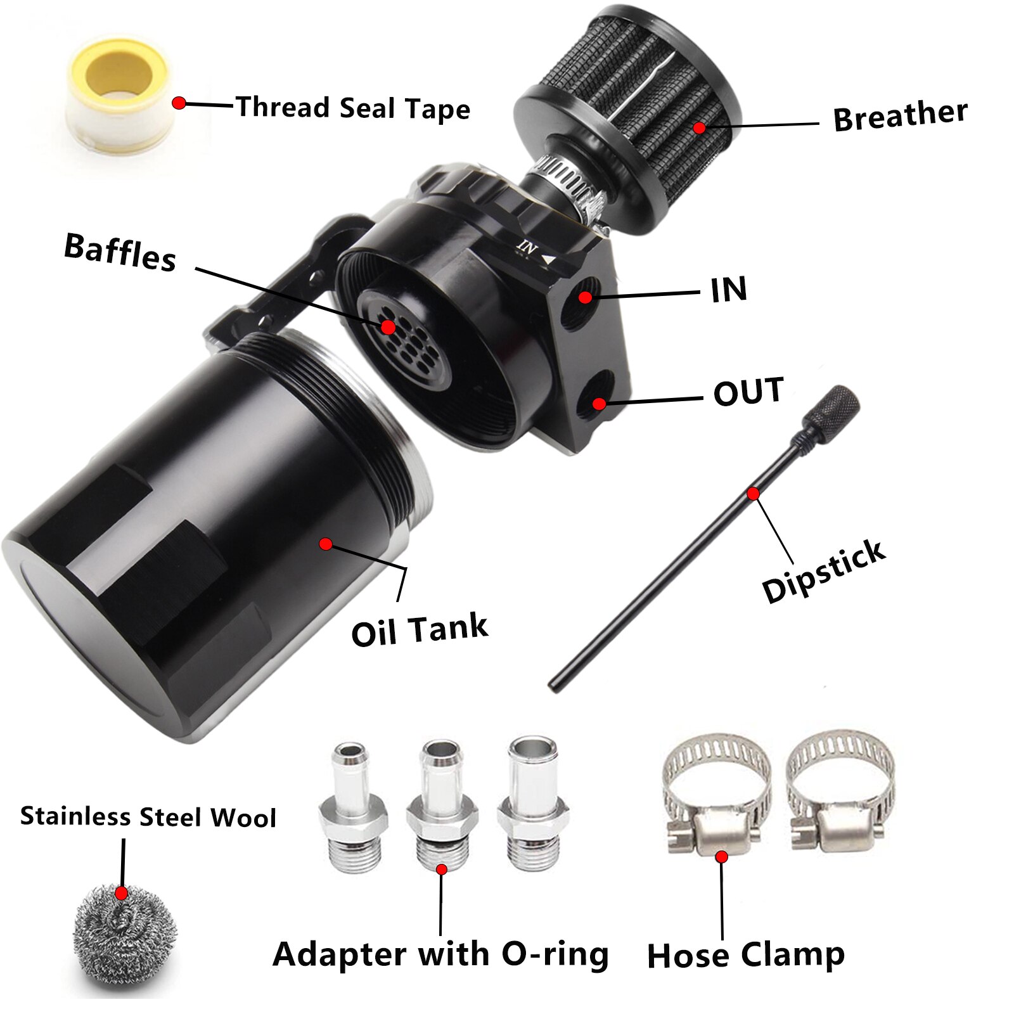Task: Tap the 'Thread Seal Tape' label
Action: point(353,108)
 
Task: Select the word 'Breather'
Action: point(900,116)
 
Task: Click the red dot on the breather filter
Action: point(699,128)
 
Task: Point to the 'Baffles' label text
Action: point(120,252)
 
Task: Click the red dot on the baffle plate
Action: point(388,327)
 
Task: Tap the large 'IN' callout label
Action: point(729,290)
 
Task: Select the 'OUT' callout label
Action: point(748,392)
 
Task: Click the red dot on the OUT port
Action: point(599,404)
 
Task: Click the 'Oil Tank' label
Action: point(420,631)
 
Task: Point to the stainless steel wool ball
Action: point(124,935)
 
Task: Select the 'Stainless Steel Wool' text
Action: point(148,817)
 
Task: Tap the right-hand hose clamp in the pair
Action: point(840,792)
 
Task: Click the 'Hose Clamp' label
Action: point(745,955)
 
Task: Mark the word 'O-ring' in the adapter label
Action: point(555,954)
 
